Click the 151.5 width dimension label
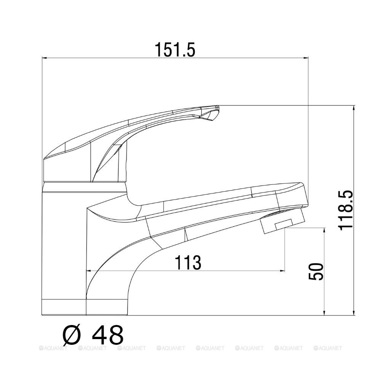(175, 50)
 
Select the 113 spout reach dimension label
(188, 263)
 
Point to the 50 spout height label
(316, 271)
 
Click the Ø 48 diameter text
(93, 335)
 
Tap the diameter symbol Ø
(72, 335)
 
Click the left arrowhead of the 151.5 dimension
(44, 58)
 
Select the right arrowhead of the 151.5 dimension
(306, 58)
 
